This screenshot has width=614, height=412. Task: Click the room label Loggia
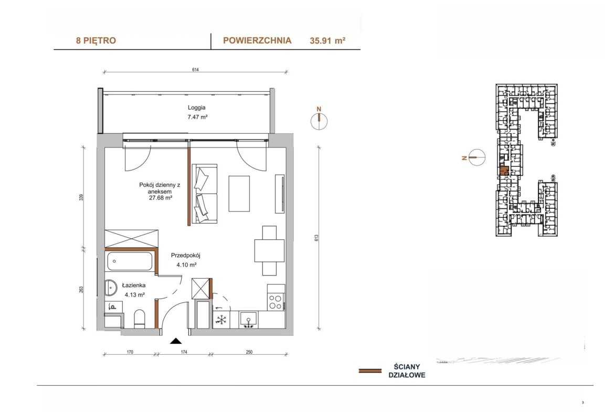click(196, 108)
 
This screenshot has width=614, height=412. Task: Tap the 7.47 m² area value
click(197, 117)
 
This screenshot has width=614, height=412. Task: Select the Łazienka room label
click(133, 286)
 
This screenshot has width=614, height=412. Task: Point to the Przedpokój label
click(186, 256)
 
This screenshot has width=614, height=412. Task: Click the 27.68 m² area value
click(161, 198)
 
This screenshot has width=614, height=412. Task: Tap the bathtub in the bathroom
click(129, 261)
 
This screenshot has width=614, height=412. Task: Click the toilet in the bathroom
click(140, 319)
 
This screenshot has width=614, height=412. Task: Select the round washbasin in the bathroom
click(111, 288)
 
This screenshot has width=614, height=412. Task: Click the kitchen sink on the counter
click(248, 320)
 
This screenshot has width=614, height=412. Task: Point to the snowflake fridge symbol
click(221, 320)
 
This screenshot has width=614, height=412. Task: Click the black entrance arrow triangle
click(176, 341)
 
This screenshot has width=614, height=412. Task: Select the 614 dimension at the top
click(195, 70)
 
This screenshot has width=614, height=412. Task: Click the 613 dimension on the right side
click(316, 238)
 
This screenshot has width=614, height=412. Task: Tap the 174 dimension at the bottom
click(184, 352)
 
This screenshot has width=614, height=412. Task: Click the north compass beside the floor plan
click(319, 121)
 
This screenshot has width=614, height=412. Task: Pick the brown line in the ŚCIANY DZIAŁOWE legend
click(370, 371)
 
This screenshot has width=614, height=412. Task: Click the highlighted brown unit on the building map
click(504, 171)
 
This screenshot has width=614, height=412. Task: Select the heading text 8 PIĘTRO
click(96, 40)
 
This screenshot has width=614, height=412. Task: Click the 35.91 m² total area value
click(327, 40)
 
